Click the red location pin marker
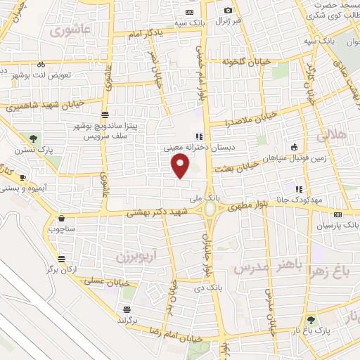(181, 165)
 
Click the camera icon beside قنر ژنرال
(228, 10)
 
